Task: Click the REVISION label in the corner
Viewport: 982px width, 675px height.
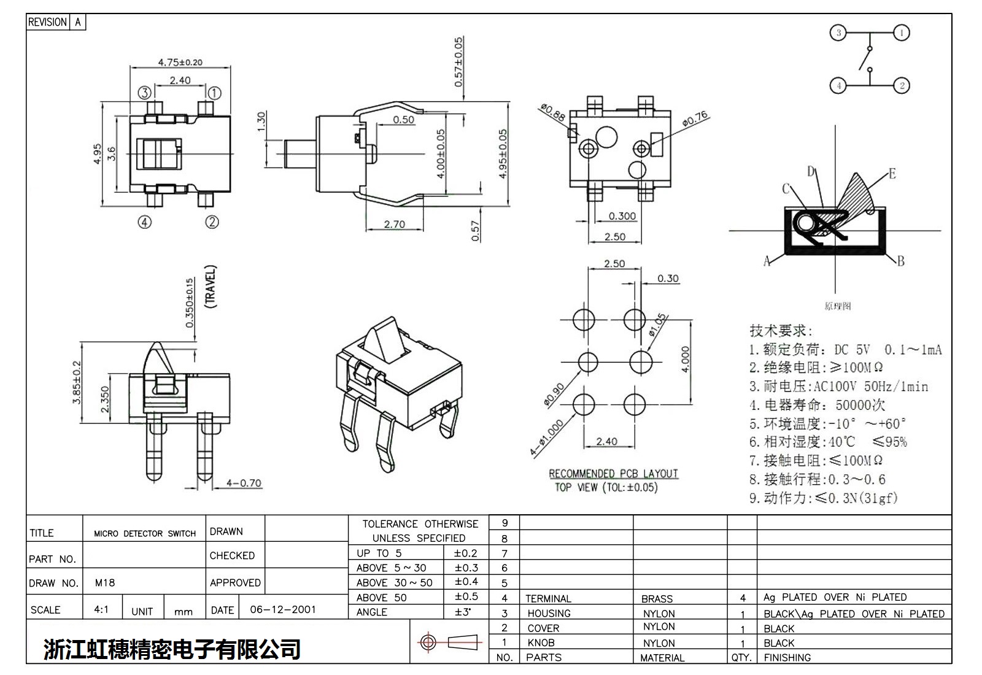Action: coord(47,22)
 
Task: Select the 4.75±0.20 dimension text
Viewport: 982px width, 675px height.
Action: coord(180,62)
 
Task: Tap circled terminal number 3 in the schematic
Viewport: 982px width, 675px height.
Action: coord(838,33)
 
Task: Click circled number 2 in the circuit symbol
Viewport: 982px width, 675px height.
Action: coord(902,85)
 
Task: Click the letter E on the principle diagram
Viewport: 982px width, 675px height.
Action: coord(892,174)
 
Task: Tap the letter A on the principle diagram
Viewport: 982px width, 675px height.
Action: coord(767,262)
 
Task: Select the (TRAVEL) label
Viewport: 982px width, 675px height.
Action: coord(211,287)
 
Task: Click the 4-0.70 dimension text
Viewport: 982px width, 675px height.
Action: coord(244,483)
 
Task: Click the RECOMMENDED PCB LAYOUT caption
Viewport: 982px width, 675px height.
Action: coord(613,474)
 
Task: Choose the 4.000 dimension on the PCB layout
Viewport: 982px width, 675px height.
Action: coord(686,359)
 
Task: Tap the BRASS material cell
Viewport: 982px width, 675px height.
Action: coord(657,598)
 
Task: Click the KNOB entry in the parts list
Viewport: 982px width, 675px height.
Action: coord(541,642)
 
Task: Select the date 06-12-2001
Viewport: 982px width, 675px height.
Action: coord(283,609)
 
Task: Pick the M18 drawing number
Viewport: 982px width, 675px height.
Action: coord(105,582)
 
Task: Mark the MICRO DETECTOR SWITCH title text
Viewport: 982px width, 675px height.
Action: coord(145,533)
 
